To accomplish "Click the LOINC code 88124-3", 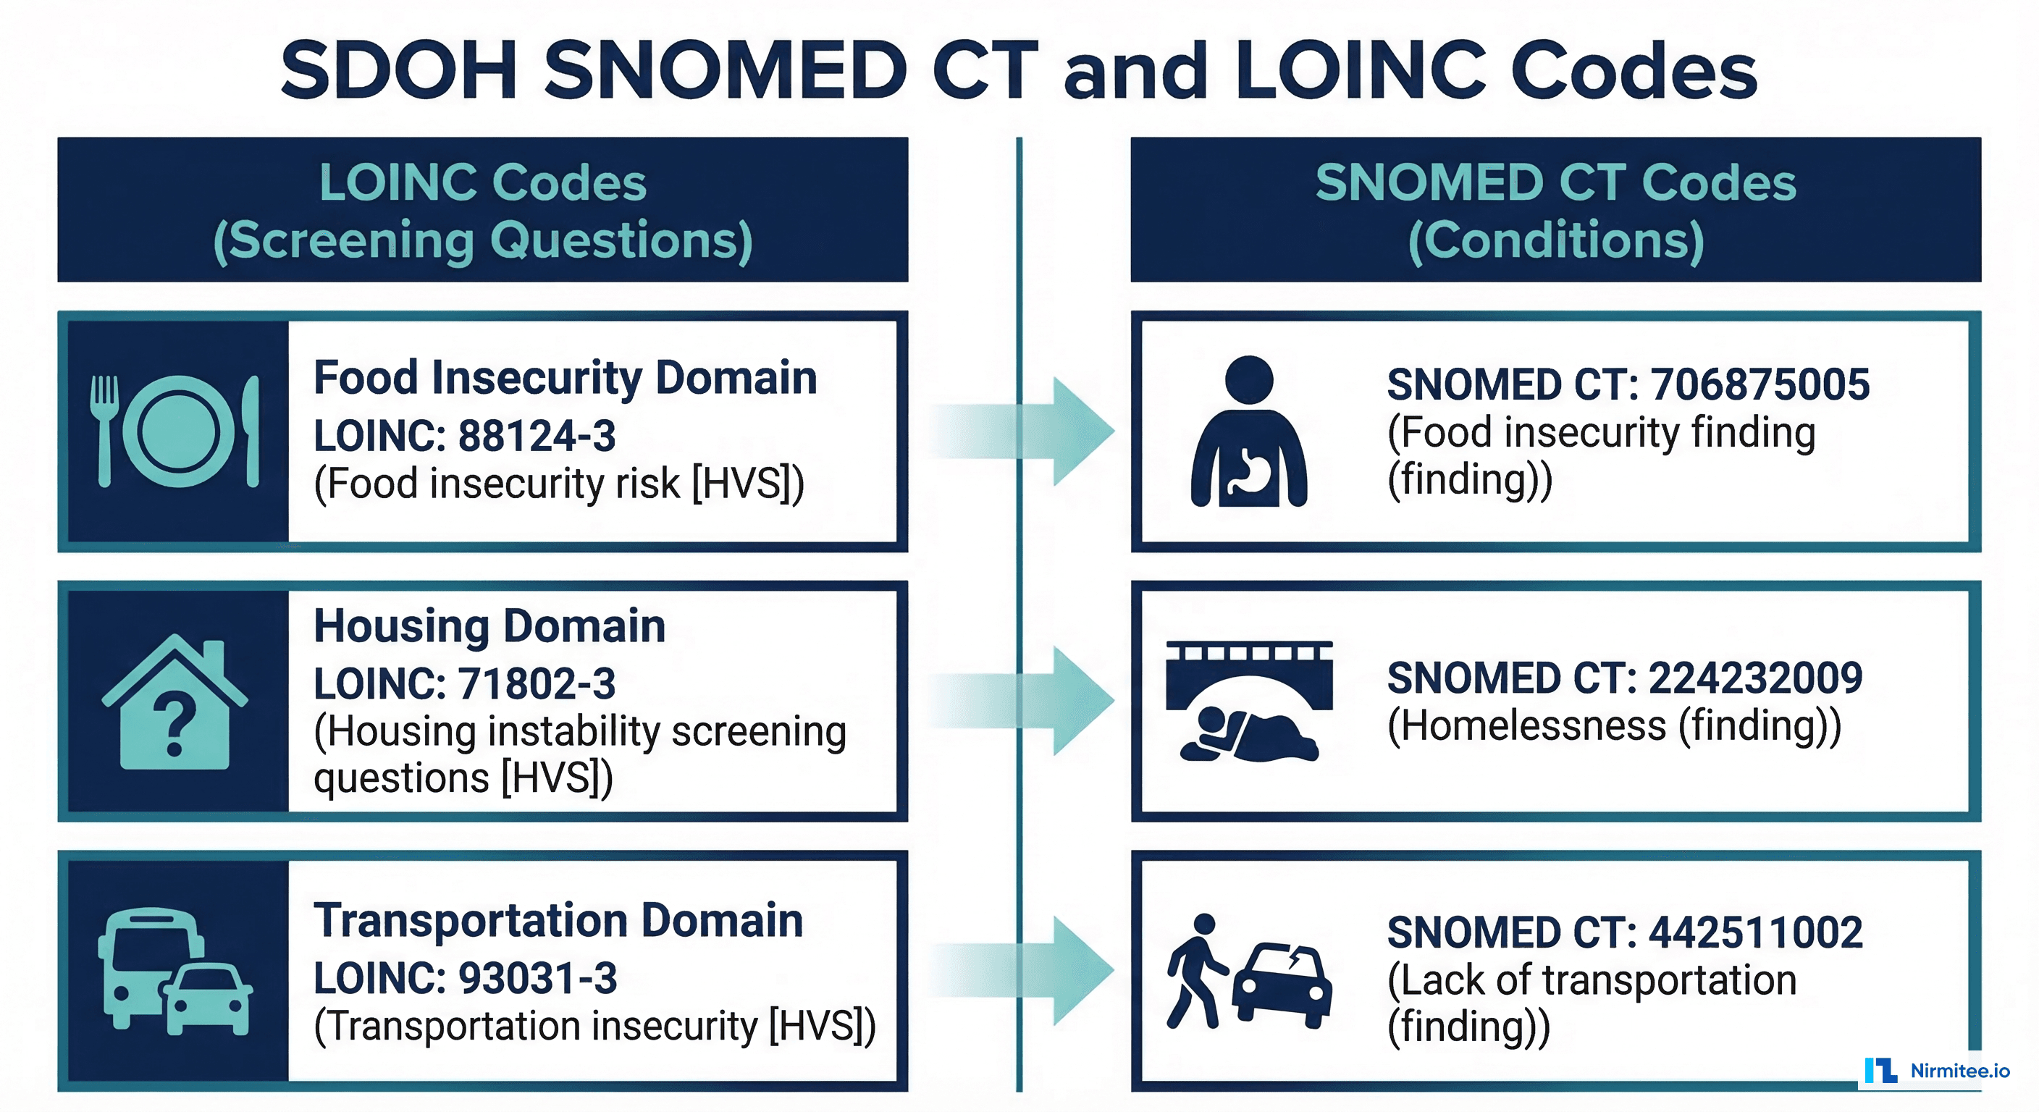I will click(536, 436).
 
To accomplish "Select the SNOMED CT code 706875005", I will click(1760, 384).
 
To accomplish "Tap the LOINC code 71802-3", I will click(536, 684).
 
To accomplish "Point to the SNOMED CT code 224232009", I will click(1755, 678).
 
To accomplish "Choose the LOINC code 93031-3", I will click(537, 978).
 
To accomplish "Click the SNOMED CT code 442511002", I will click(1755, 932).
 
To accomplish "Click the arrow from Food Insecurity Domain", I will click(1029, 431).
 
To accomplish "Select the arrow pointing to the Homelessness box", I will click(1029, 701).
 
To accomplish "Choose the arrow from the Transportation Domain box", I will click(1029, 970).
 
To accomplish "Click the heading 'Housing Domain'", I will click(489, 626).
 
